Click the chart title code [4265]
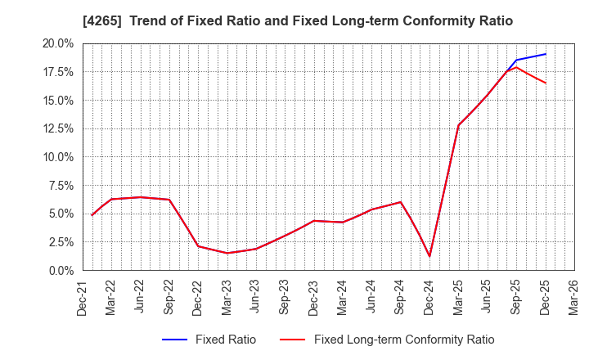(100, 21)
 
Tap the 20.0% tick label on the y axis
(58, 43)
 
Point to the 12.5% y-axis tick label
(58, 128)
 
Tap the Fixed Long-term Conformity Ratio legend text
(404, 340)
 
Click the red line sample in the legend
(293, 340)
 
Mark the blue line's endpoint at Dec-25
(545, 54)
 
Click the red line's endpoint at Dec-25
(545, 83)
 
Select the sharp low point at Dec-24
(429, 256)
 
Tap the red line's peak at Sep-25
(516, 67)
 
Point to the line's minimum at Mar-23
(227, 253)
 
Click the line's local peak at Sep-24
(400, 202)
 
